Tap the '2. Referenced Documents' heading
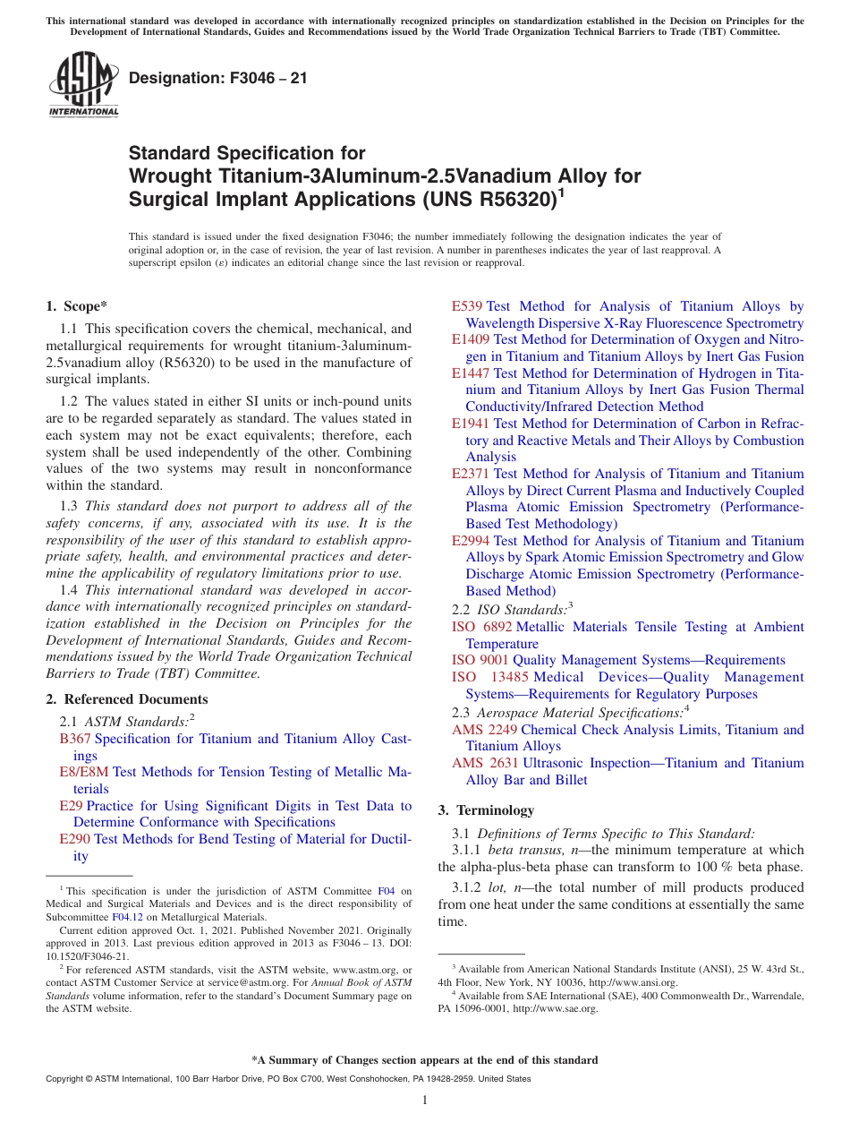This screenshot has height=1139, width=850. (126, 699)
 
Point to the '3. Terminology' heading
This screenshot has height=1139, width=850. (486, 810)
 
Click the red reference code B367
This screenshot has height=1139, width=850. (75, 739)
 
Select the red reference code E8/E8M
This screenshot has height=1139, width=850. (84, 772)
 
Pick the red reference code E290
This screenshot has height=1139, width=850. (74, 839)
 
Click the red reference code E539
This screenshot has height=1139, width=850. (467, 306)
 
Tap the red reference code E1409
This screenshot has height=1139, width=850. (471, 339)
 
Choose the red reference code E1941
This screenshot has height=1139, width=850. (471, 424)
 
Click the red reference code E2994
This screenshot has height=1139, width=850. (471, 541)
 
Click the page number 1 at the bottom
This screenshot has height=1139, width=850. (425, 1100)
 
